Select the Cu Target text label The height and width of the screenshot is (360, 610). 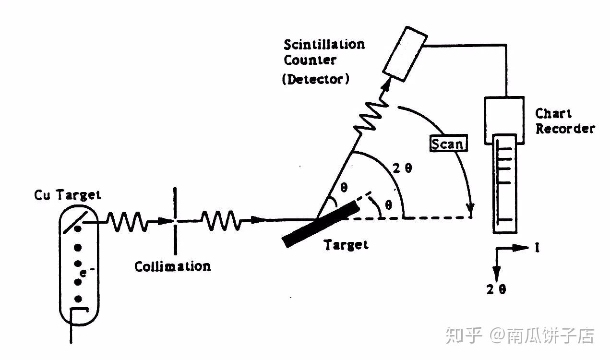67,195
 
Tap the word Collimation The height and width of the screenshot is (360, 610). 172,266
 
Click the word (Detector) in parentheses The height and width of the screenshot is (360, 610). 315,79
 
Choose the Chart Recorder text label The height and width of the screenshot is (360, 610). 564,121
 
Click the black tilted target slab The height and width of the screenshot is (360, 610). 322,223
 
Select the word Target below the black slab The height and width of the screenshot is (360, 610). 346,245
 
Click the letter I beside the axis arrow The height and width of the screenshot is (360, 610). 537,248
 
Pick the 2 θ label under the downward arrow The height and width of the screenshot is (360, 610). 496,289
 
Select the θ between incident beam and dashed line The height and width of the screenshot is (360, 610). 389,205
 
